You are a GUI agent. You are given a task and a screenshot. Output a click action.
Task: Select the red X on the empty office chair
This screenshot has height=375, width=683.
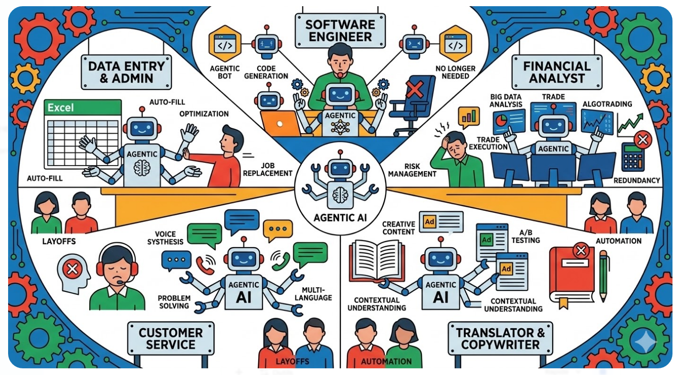point(414,89)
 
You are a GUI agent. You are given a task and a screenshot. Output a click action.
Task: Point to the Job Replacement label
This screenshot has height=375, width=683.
point(267,168)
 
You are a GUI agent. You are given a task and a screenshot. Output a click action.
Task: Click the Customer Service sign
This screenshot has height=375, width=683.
point(171,338)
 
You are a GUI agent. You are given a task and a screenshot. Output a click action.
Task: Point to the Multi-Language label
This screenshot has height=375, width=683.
point(310,293)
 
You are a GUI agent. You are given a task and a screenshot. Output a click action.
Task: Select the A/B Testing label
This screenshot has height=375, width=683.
point(525,236)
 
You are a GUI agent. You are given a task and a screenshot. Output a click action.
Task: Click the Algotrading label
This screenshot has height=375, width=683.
point(607,104)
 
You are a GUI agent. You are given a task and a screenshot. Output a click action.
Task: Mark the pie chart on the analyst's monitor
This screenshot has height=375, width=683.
point(501,121)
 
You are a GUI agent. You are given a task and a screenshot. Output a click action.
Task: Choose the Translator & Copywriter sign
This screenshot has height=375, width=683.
point(500,338)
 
